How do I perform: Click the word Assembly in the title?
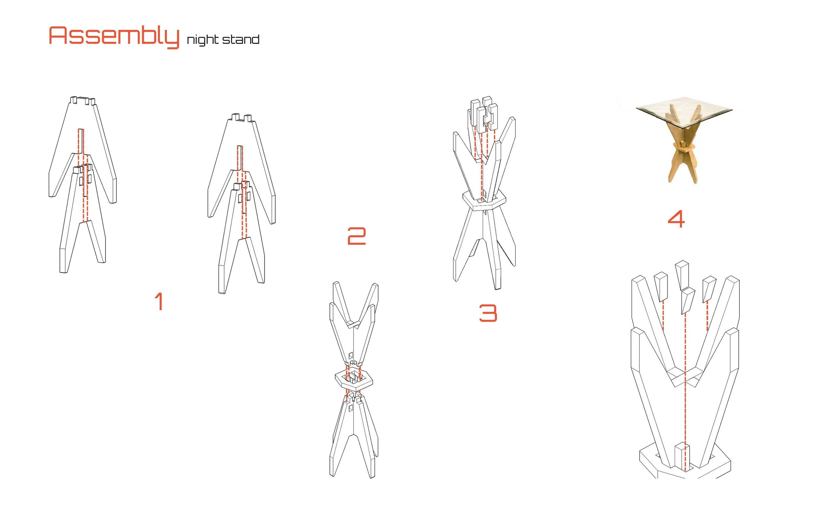point(114,37)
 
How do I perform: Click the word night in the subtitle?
point(203,40)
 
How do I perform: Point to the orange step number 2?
point(356,236)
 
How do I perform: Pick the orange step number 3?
point(488,313)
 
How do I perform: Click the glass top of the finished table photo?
point(684,110)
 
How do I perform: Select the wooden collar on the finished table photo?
point(684,148)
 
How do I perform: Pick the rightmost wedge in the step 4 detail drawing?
point(709,289)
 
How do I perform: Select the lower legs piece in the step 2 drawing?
point(354,435)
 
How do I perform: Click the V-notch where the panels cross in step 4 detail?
point(685,377)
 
